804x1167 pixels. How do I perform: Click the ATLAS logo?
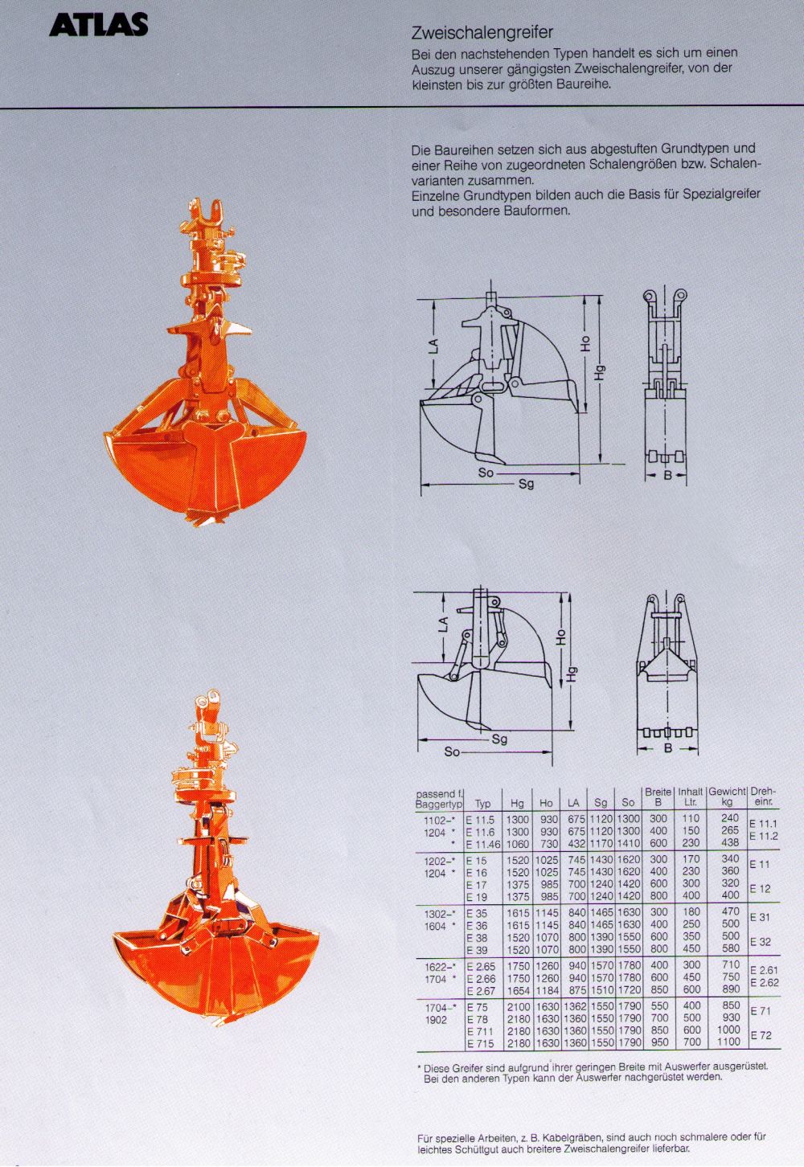(x=98, y=25)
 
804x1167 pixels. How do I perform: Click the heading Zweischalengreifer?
(x=482, y=33)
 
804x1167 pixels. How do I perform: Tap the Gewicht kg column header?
(x=727, y=797)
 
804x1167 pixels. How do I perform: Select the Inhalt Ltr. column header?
(x=691, y=797)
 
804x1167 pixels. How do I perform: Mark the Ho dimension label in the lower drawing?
(x=560, y=637)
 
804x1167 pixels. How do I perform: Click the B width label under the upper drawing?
(x=667, y=475)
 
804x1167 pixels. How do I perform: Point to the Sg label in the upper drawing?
(x=527, y=484)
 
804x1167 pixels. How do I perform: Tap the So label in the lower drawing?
(x=452, y=751)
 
